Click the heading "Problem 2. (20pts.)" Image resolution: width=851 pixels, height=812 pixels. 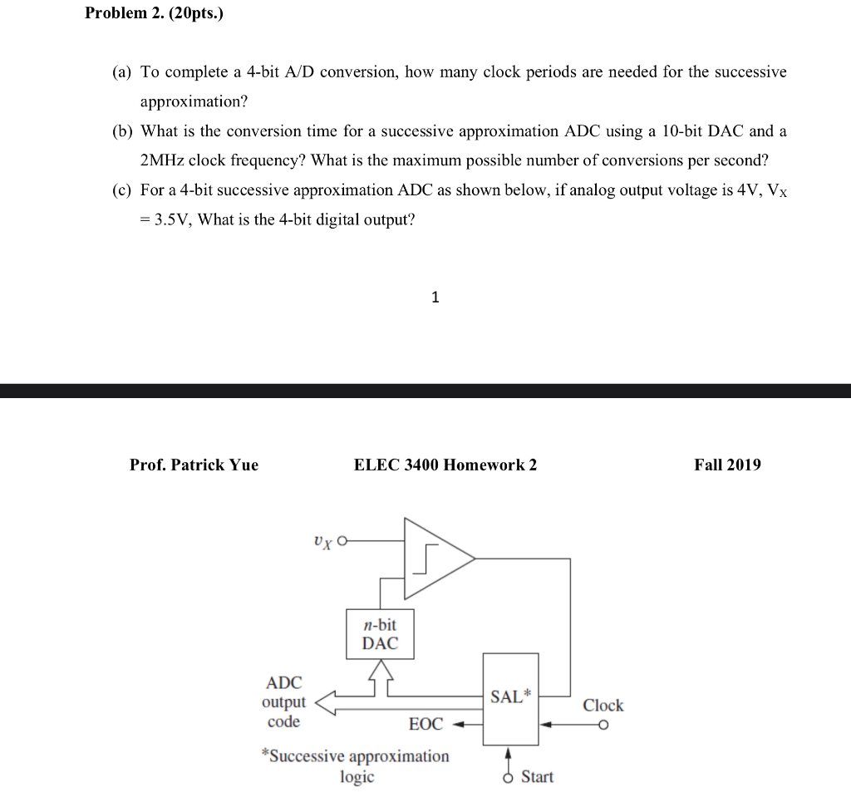point(154,14)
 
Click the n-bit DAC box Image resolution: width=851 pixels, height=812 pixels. point(380,634)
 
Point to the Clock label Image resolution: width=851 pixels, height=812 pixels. point(603,706)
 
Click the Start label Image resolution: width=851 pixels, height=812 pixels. point(537,777)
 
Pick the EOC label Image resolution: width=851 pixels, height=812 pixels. point(426,725)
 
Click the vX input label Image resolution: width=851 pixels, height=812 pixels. point(322,541)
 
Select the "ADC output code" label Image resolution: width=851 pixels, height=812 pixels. point(284,702)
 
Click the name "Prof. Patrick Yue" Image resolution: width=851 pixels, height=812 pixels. point(194,465)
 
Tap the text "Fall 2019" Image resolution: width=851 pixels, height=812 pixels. point(727,465)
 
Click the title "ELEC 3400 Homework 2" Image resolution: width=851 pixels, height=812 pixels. point(445,465)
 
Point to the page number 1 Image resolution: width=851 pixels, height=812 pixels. point(435,298)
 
